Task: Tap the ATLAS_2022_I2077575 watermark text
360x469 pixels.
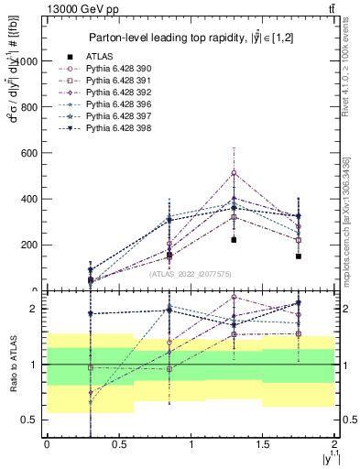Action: coord(190,272)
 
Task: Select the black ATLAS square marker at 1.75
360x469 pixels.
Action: coord(299,256)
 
